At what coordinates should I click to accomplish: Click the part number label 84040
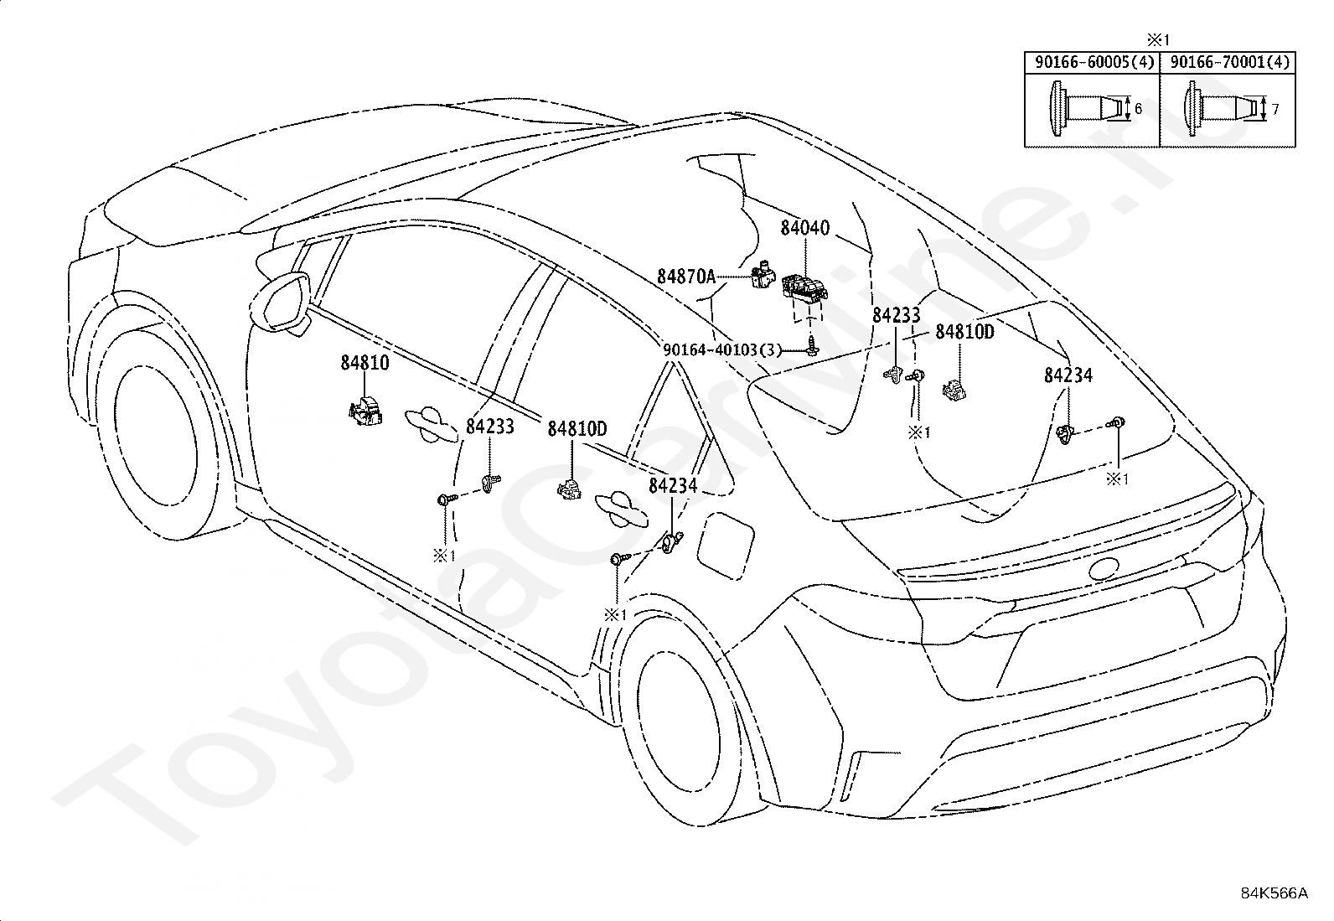pyautogui.click(x=804, y=228)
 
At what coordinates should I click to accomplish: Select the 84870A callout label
pyautogui.click(x=686, y=277)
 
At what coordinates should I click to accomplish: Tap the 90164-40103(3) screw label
pyautogui.click(x=721, y=349)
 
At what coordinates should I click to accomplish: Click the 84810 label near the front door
pyautogui.click(x=365, y=362)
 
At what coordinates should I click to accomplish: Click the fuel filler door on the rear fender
pyautogui.click(x=725, y=546)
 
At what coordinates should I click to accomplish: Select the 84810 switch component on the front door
pyautogui.click(x=365, y=411)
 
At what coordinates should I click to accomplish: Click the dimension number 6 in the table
pyautogui.click(x=1138, y=108)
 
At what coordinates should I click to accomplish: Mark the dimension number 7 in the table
pyautogui.click(x=1275, y=110)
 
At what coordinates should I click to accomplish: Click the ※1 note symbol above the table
pyautogui.click(x=1158, y=40)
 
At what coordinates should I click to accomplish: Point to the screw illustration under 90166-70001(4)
pyautogui.click(x=1220, y=108)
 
